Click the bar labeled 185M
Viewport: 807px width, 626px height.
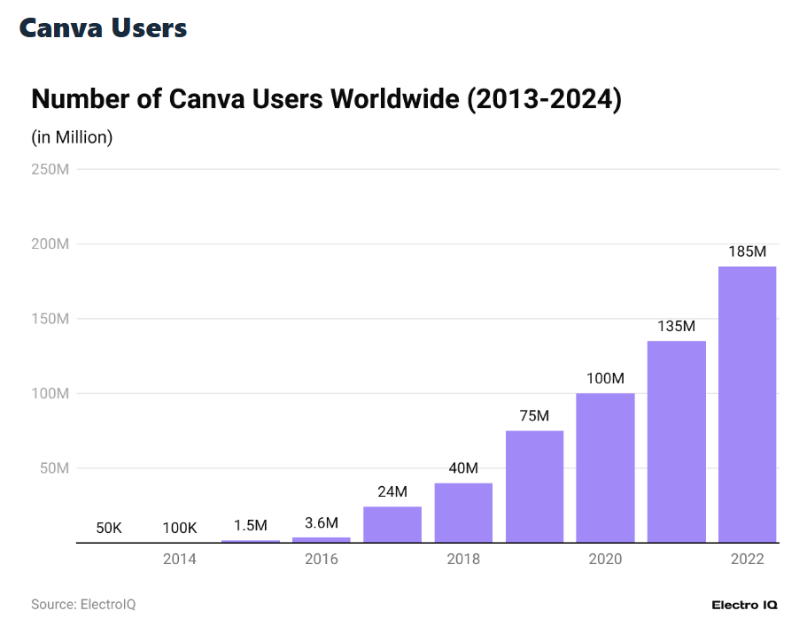(x=747, y=404)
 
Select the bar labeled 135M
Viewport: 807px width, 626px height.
(x=676, y=441)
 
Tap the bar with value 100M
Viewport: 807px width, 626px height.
(x=605, y=468)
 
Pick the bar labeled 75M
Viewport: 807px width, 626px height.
(x=534, y=486)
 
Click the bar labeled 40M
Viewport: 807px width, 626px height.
(x=463, y=512)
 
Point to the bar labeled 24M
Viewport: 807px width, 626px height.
(x=392, y=524)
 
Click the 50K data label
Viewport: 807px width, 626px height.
(x=109, y=528)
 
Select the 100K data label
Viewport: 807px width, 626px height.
(x=180, y=528)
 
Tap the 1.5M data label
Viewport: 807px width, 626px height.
(x=251, y=525)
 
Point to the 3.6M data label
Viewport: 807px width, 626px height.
(x=322, y=522)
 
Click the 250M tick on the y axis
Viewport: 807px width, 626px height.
(x=50, y=169)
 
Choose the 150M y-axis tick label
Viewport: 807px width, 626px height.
(x=50, y=319)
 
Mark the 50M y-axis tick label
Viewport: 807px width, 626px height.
(x=54, y=468)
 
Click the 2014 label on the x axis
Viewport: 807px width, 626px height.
(x=180, y=560)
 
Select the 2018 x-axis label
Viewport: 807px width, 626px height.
(x=463, y=560)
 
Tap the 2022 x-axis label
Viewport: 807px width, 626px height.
(x=747, y=560)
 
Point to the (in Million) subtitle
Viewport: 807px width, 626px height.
(x=73, y=137)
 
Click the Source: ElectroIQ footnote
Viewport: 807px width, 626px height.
(x=83, y=604)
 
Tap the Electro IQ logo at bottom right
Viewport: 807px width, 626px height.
(x=744, y=605)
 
